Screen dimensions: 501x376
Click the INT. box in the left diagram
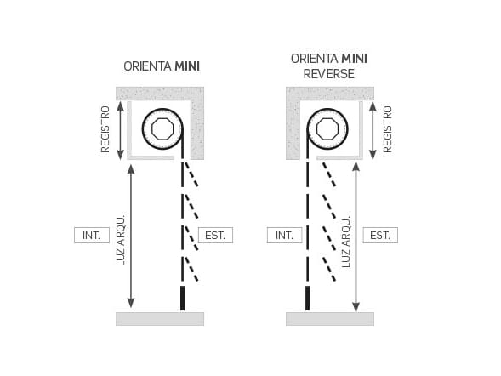click(x=92, y=236)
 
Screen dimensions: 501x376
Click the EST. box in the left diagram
click(x=215, y=236)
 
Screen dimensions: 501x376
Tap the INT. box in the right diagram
click(x=284, y=236)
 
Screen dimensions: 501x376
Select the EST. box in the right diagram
click(x=380, y=236)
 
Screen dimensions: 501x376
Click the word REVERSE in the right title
click(x=329, y=74)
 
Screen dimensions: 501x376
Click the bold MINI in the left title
click(x=187, y=66)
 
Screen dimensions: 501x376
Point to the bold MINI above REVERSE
click(x=355, y=59)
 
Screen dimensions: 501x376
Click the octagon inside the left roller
click(x=162, y=128)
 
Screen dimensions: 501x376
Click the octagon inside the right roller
click(x=327, y=128)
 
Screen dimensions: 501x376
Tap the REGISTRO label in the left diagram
click(x=105, y=129)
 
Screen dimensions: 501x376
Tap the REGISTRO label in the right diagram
click(x=387, y=129)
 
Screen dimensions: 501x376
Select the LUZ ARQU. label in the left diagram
click(x=121, y=241)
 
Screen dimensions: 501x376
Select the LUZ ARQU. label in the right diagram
click(x=346, y=242)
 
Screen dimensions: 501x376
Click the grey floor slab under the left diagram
click(x=160, y=319)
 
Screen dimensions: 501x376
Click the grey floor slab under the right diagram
click(x=330, y=319)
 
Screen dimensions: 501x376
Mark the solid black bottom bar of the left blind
click(x=182, y=299)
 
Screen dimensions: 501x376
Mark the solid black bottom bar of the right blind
click(x=308, y=299)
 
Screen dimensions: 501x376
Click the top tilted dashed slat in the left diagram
click(x=191, y=174)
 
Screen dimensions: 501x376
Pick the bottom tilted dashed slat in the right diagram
click(x=329, y=270)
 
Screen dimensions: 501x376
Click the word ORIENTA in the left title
click(x=148, y=66)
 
